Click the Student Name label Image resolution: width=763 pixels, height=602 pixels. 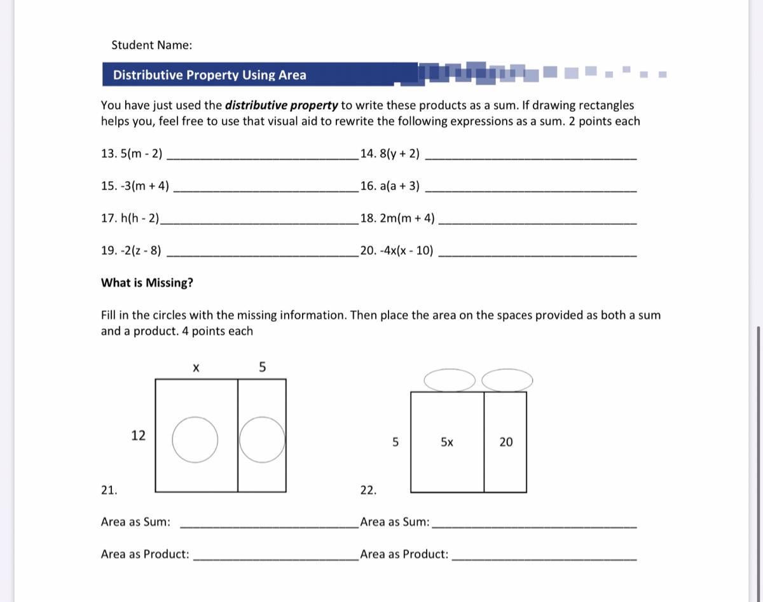click(x=151, y=45)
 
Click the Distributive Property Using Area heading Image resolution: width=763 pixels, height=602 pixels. click(x=209, y=75)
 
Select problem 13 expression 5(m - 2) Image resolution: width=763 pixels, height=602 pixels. click(x=132, y=153)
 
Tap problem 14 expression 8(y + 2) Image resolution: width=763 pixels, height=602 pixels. click(x=390, y=153)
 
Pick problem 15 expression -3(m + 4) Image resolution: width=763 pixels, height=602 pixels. click(x=135, y=186)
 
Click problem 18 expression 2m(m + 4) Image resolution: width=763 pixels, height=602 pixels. click(x=398, y=218)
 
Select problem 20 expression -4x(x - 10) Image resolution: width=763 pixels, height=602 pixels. click(x=397, y=250)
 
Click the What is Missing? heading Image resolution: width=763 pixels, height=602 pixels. click(x=147, y=283)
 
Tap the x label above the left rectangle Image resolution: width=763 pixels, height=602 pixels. click(x=196, y=367)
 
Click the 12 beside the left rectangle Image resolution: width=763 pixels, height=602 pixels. click(x=138, y=435)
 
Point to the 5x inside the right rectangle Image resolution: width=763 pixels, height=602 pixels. click(x=447, y=442)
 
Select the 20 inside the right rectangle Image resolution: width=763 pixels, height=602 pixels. click(x=505, y=442)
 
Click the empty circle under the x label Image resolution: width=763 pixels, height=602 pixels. click(x=195, y=439)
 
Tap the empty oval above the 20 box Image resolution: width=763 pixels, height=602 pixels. click(x=507, y=380)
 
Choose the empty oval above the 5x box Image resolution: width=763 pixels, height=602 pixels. click(x=449, y=380)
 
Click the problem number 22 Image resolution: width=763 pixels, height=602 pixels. click(x=368, y=490)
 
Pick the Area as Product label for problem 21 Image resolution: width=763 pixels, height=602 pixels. click(x=145, y=554)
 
